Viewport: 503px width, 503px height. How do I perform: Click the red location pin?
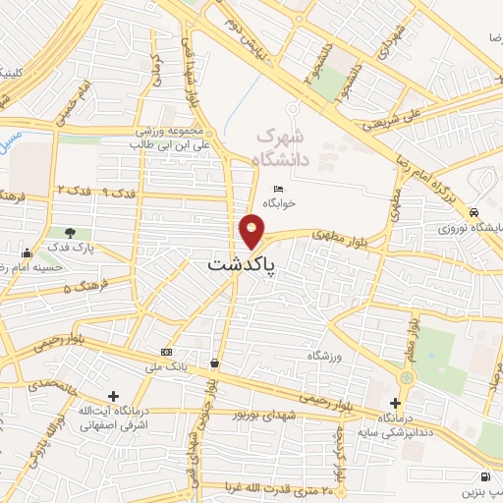[x=252, y=231]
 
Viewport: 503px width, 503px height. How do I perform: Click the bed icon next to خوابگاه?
[x=277, y=190]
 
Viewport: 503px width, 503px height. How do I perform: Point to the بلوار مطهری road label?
[x=323, y=235]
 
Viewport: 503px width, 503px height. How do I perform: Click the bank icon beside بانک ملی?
[x=166, y=351]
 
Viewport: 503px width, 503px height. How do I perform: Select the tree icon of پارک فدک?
[x=69, y=234]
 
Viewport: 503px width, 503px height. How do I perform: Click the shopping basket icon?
[x=214, y=363]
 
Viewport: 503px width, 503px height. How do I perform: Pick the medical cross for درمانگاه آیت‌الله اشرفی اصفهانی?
[x=114, y=394]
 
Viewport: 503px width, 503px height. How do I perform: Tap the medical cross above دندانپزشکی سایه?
[x=395, y=402]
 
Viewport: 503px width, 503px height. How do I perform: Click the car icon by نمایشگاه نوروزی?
[x=475, y=212]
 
